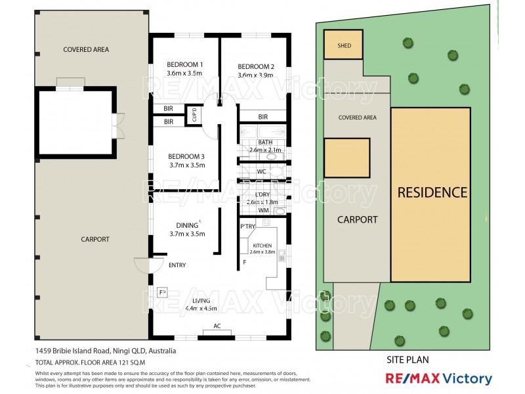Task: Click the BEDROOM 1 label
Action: click(184, 64)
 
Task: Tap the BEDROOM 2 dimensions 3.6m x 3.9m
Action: click(255, 76)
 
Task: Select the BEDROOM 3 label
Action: click(187, 156)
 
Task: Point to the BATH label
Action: click(265, 142)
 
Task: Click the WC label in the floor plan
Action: click(261, 172)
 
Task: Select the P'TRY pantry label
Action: click(247, 226)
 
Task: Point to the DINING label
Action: click(187, 225)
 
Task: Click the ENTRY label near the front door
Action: click(177, 265)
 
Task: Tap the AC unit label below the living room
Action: click(217, 326)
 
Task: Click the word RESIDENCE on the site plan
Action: click(431, 192)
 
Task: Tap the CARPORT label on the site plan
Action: click(357, 219)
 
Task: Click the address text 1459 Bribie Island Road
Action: click(105, 351)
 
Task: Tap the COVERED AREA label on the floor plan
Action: click(86, 49)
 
